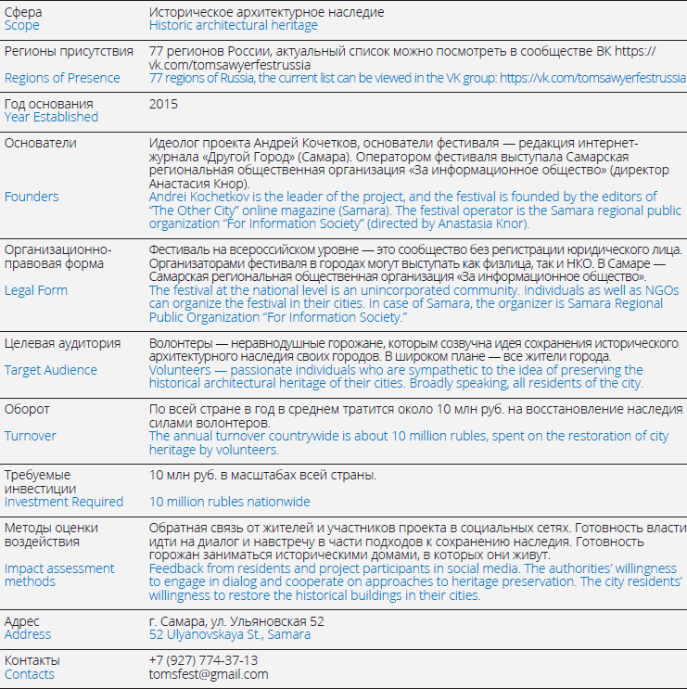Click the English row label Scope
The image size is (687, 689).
[x=21, y=26]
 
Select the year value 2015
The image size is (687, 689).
[x=163, y=104]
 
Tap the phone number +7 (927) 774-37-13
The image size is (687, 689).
[x=204, y=660]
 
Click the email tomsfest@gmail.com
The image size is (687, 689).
[x=209, y=674]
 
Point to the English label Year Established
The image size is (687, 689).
[x=51, y=118]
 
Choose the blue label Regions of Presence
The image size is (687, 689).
[x=62, y=78]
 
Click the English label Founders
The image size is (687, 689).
[x=32, y=197]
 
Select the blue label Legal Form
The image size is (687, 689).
[x=36, y=290]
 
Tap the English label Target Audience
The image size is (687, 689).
[x=51, y=370]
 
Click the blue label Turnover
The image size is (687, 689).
[x=31, y=436]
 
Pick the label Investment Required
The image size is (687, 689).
[x=64, y=502]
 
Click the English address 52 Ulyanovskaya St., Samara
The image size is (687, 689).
[x=230, y=634]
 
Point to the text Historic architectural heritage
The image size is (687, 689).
[x=233, y=26]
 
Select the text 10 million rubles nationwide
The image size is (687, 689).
[x=230, y=502]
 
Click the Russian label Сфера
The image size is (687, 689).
[x=23, y=12]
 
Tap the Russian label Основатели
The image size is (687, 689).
[x=41, y=144]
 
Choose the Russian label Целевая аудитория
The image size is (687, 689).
[x=62, y=343]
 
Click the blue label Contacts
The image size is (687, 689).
[x=30, y=674]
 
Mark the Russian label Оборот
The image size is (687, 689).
[x=27, y=409]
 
